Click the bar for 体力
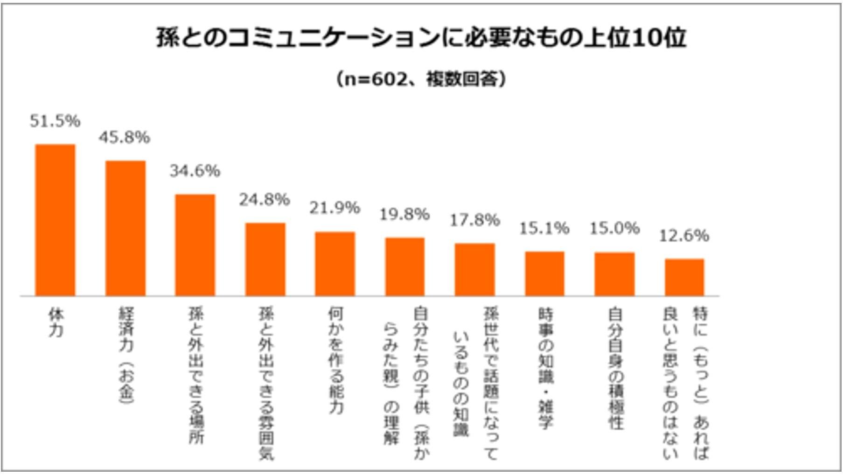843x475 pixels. pos(55,220)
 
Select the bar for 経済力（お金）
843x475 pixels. pos(125,228)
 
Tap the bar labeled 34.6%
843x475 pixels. pos(195,245)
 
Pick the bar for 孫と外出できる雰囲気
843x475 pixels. pos(265,259)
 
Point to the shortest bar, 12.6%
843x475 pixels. pos(684,277)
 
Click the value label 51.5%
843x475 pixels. pos(55,121)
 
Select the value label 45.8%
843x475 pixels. pos(125,138)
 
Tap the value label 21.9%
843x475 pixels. pos(334,208)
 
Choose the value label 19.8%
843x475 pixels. pos(404,215)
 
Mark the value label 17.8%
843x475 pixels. pos(474,220)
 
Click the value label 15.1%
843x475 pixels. pos(544,228)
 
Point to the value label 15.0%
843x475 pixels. pos(614,228)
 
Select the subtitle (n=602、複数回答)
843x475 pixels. pos(421,79)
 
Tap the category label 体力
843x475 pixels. pos(56,322)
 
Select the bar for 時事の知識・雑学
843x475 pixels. pos(544,273)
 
